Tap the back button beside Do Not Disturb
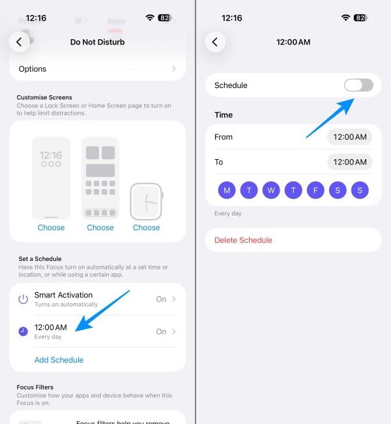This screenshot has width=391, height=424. pos(19,42)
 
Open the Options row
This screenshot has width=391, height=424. pos(98,68)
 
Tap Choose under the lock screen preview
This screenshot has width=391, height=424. pos(51,228)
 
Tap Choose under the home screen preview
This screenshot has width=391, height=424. pos(100,228)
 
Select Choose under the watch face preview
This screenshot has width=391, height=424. pos(147,228)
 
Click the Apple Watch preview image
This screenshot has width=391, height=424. pos(147,201)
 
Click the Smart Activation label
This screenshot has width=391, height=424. pos(63,295)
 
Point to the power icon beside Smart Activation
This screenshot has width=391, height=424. pos(23,299)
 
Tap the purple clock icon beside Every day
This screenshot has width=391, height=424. pos(23,331)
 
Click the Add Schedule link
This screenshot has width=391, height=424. pos(59,359)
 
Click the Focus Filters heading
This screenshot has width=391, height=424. pos(35,387)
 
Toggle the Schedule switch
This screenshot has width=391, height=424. pos(358,85)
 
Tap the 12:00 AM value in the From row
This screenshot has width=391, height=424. pos(350,137)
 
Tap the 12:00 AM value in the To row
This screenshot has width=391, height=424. pos(350,162)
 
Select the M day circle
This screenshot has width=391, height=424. pos(227,190)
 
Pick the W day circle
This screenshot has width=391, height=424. pos(271,190)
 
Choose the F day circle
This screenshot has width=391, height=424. pos(315,190)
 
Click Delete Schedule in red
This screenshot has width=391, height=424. pos(243,240)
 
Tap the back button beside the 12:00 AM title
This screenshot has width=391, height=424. pos(215,42)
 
